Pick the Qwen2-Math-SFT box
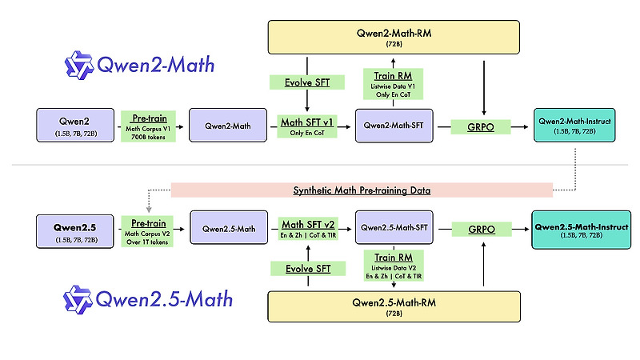tap(393, 126)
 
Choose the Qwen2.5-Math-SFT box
tap(393, 228)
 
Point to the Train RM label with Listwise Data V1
tap(393, 80)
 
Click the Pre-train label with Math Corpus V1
tap(145, 126)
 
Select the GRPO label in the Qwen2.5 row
tap(483, 229)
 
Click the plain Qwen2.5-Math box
tap(227, 229)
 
